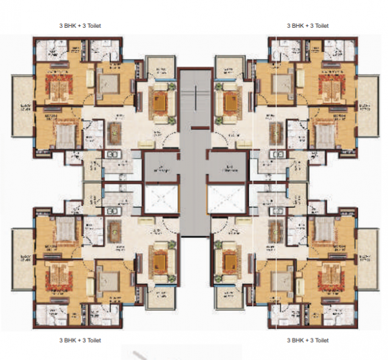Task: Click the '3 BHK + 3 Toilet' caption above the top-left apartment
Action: tap(80, 25)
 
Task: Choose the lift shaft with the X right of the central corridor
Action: tap(228, 199)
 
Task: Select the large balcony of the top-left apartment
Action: tap(22, 114)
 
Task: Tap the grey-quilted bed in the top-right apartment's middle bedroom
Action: tap(282, 83)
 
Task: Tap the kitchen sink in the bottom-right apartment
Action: tap(278, 211)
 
